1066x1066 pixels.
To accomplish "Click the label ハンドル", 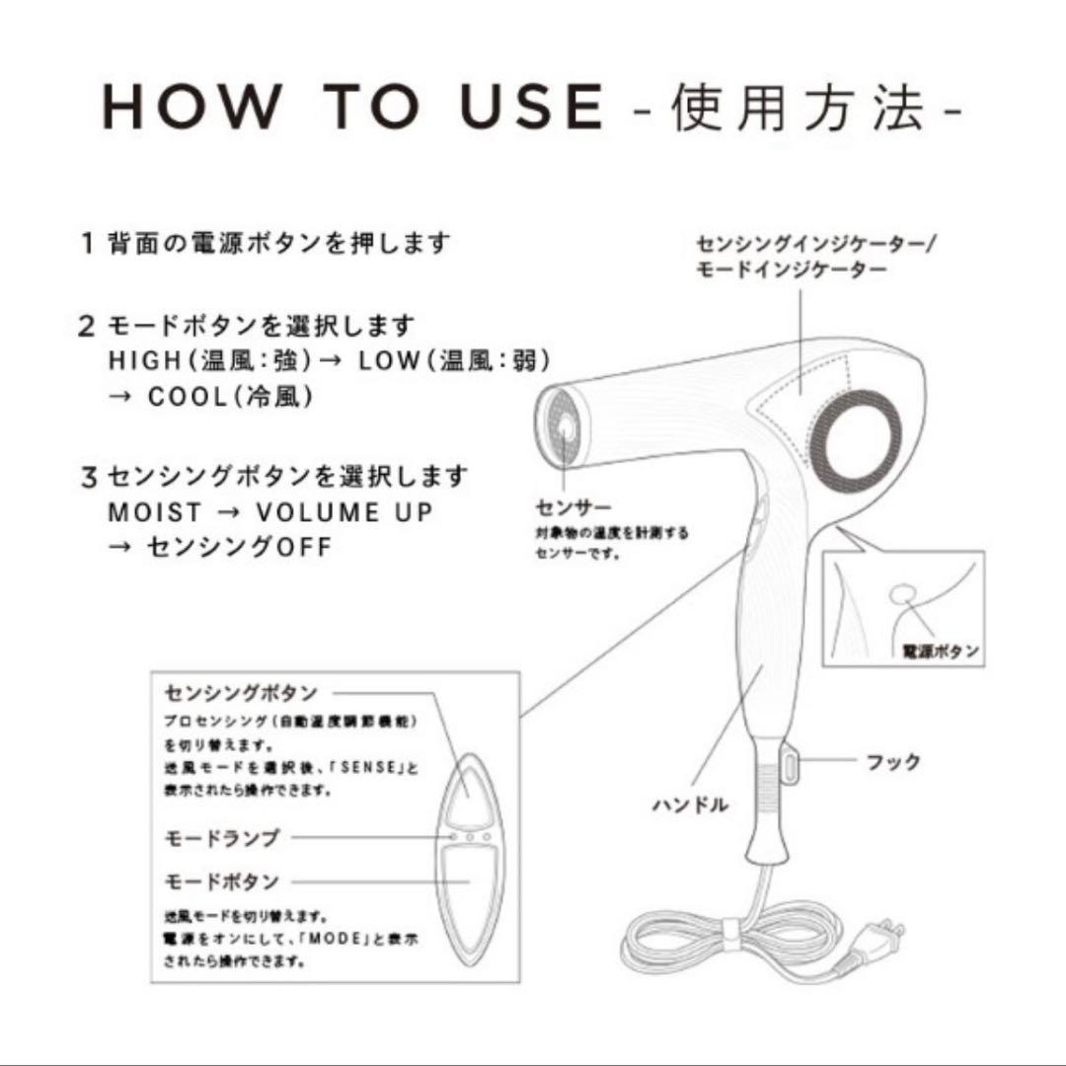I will (690, 804).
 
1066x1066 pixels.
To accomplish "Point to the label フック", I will (892, 762).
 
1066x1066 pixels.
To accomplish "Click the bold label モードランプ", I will (221, 838).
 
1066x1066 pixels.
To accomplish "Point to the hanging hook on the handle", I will (789, 763).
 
